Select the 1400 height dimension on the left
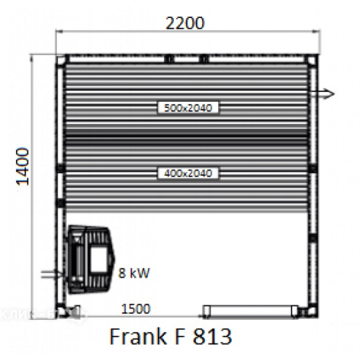tap(24, 165)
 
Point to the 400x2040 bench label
tap(185, 172)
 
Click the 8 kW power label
tap(133, 273)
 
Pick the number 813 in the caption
tap(212, 337)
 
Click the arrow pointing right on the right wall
tap(323, 93)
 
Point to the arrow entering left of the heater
tap(51, 274)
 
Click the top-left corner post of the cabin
tap(62, 60)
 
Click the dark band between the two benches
tap(185, 139)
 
